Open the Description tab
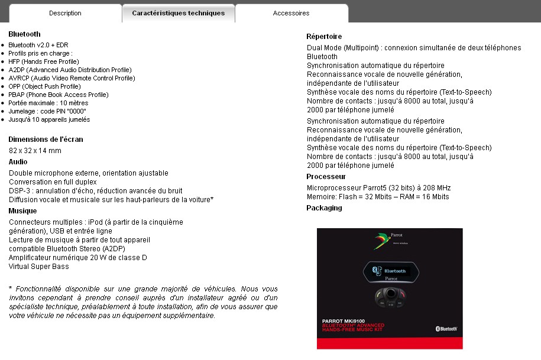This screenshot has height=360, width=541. [x=65, y=13]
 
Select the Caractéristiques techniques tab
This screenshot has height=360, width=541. [x=178, y=13]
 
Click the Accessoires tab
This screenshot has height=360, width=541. [x=291, y=13]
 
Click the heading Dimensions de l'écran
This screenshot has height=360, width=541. [x=46, y=140]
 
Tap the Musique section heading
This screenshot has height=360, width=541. [x=22, y=211]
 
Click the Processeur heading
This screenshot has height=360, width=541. [x=326, y=177]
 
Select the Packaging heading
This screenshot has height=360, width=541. [x=324, y=208]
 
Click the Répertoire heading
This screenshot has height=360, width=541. [x=324, y=37]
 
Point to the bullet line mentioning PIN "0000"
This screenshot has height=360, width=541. [x=47, y=111]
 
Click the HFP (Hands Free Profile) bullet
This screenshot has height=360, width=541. [x=44, y=61]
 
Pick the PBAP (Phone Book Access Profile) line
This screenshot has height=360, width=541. [x=59, y=95]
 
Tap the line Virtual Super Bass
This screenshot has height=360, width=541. [x=39, y=267]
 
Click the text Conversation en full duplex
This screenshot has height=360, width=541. [x=53, y=182]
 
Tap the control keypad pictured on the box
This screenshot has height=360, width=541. [x=390, y=298]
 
